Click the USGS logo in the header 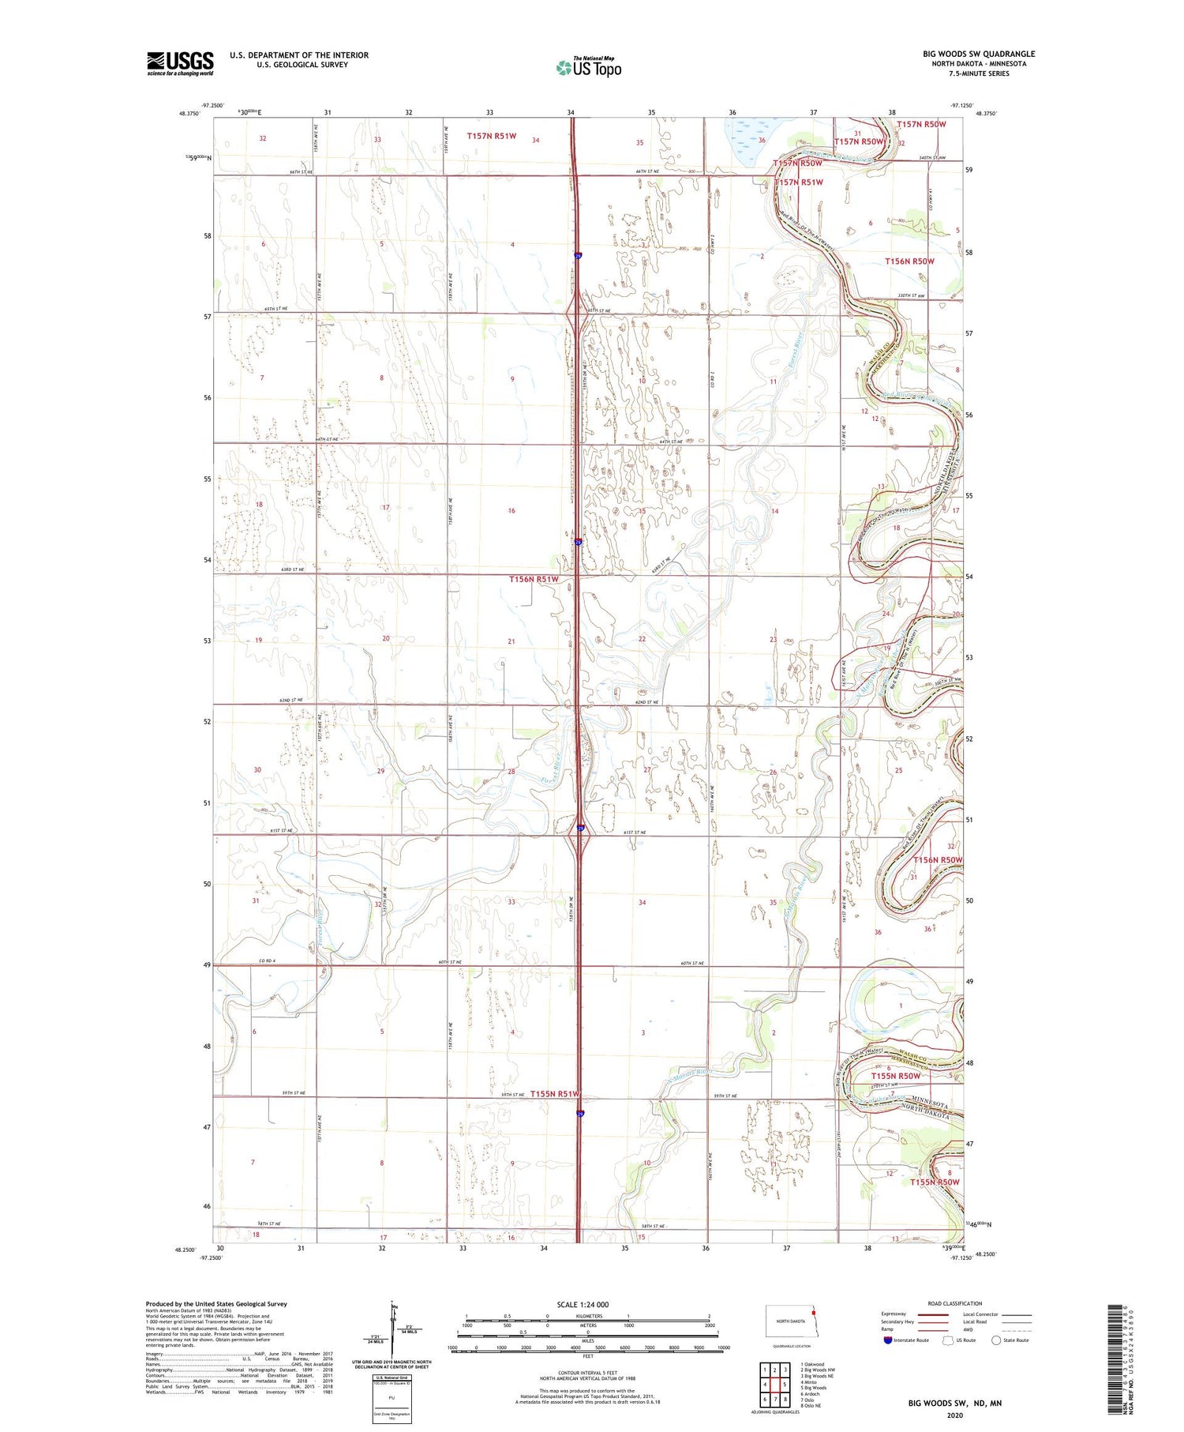tap(180, 63)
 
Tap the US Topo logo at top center tap(588, 67)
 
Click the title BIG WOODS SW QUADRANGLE tap(978, 54)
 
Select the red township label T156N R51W tap(534, 579)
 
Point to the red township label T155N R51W tap(556, 1093)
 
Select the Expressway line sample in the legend tap(935, 1314)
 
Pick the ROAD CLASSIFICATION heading tap(955, 1303)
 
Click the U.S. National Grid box tap(392, 1399)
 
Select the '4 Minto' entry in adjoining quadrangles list tap(811, 1381)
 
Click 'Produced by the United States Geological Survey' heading tap(216, 1304)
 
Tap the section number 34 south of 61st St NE tap(643, 902)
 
